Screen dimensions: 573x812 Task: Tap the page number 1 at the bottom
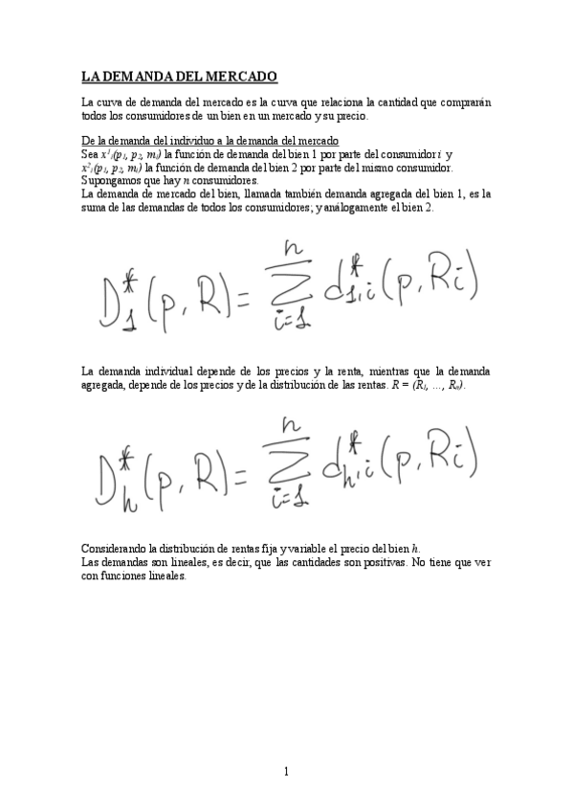tap(286, 771)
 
